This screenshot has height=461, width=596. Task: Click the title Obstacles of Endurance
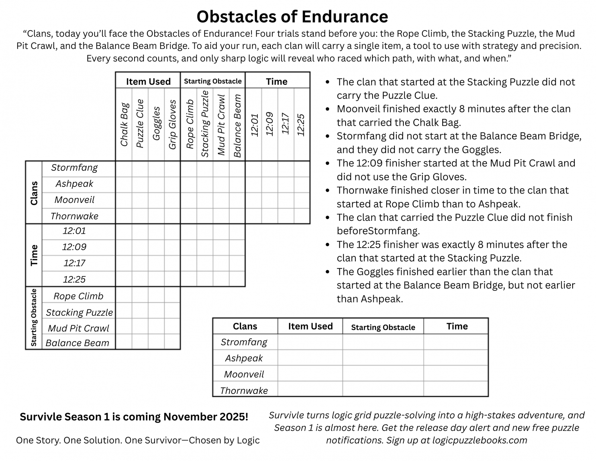[292, 17]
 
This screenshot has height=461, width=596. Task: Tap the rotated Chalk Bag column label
[124, 125]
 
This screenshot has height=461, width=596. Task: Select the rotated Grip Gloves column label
[172, 125]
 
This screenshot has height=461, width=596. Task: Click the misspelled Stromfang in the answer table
[244, 342]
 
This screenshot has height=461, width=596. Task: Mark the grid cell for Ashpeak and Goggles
[156, 184]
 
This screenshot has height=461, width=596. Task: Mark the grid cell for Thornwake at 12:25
[302, 216]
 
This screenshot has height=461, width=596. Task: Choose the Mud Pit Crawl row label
[78, 328]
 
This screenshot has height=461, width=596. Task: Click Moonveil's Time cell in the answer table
[456, 373]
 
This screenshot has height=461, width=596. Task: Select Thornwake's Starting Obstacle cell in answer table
[383, 389]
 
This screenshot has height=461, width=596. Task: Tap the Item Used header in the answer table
[310, 326]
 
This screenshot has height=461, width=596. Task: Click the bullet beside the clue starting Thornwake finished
[327, 191]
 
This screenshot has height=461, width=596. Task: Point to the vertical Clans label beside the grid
[34, 193]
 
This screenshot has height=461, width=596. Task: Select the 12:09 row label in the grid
[74, 247]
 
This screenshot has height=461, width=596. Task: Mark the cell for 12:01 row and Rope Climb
[189, 232]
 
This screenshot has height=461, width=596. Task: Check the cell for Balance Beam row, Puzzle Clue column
[140, 342]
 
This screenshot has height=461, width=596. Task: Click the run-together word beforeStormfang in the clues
[378, 231]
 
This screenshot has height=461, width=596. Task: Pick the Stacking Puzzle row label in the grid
[79, 312]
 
